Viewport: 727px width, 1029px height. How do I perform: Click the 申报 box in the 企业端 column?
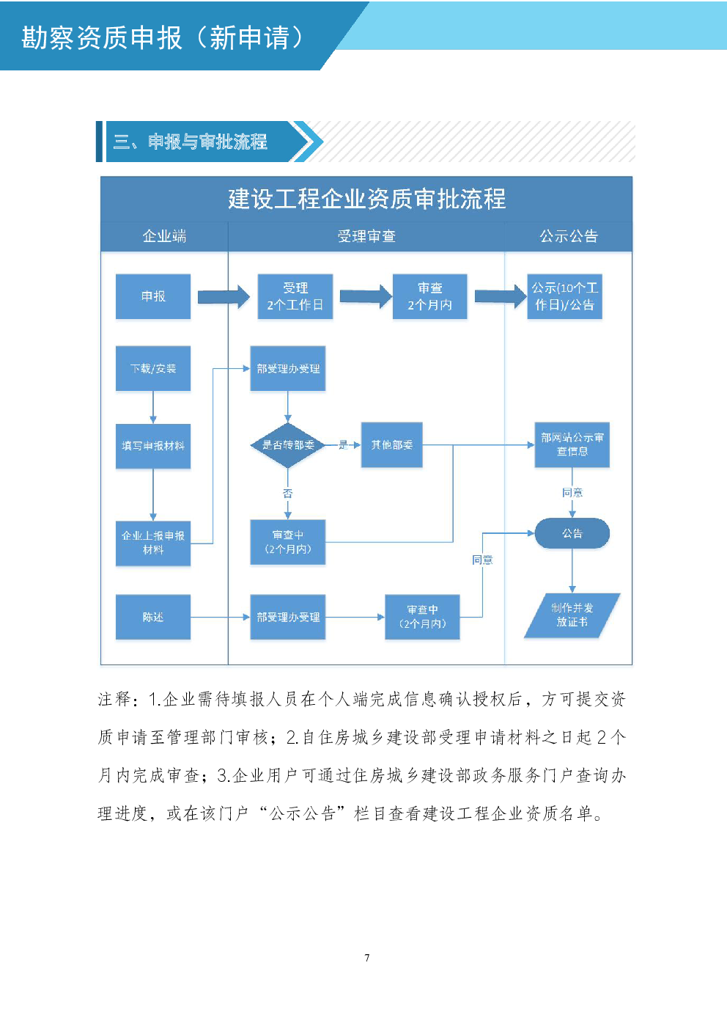(x=153, y=296)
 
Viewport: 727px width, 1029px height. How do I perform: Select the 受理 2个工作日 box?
(x=295, y=296)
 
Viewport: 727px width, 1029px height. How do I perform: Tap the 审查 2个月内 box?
(x=429, y=296)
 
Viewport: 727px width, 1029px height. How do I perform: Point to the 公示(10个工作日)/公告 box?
(x=564, y=296)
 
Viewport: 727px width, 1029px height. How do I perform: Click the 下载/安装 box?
(x=153, y=368)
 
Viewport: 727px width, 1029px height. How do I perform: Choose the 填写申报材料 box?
(x=153, y=446)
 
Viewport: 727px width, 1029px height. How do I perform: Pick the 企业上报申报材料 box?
(x=153, y=543)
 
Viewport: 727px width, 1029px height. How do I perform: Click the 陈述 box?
(x=153, y=617)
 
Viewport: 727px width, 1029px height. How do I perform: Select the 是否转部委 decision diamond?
(x=288, y=444)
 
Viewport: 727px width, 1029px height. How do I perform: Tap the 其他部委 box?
(x=391, y=444)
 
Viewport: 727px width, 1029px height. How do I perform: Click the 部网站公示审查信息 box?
(x=572, y=444)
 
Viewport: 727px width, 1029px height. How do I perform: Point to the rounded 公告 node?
(x=572, y=533)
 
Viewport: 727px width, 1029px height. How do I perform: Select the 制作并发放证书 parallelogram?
(x=572, y=615)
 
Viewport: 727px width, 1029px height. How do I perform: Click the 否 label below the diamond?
(x=288, y=494)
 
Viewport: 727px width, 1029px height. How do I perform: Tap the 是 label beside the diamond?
(x=343, y=444)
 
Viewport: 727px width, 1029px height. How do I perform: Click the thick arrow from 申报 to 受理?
(x=224, y=296)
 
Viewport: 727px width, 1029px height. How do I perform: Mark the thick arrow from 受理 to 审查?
(x=365, y=296)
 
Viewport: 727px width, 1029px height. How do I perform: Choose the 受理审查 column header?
(x=366, y=236)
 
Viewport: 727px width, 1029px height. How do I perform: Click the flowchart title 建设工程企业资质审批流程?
(x=366, y=199)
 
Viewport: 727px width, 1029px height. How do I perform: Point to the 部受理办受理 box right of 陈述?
(x=288, y=617)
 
